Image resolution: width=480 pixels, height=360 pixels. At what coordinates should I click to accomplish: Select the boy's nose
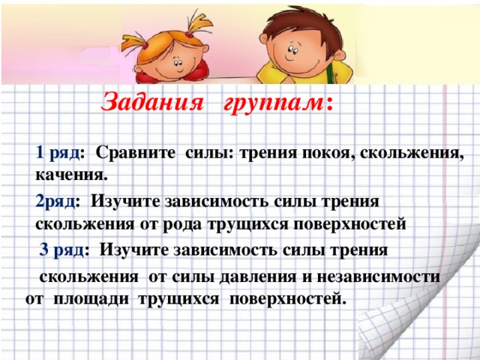[x=295, y=52]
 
